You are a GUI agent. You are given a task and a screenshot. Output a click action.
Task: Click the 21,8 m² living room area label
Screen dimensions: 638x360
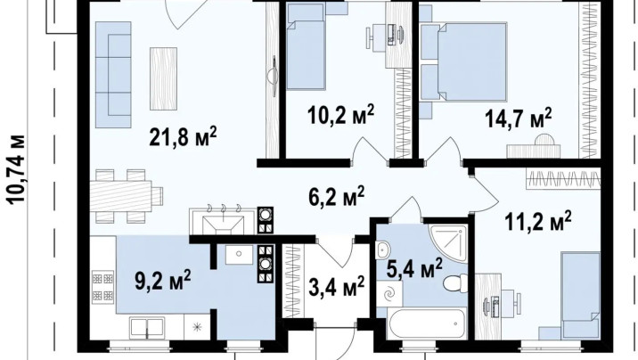pos(183,136)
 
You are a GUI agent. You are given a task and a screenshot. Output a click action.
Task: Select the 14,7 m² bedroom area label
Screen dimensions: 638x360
pos(518,118)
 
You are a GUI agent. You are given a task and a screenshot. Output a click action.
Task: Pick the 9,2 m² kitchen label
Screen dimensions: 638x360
pos(163,280)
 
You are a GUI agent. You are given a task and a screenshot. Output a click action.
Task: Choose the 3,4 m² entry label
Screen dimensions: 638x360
pos(336,286)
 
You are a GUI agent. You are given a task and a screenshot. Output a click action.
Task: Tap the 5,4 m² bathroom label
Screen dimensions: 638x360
pos(414,268)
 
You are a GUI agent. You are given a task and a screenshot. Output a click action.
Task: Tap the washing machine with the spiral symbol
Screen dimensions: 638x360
pos(389,293)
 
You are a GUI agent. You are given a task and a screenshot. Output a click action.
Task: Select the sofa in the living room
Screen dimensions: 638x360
pos(113,75)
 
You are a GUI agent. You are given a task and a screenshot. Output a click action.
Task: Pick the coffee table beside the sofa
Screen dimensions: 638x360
pos(163,78)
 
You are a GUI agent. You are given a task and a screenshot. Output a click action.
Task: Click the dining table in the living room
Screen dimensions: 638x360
pos(122,196)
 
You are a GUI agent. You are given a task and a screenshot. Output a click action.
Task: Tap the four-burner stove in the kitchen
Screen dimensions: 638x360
pos(102,286)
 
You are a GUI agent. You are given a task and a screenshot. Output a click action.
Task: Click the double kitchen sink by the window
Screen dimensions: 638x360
pos(146,327)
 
